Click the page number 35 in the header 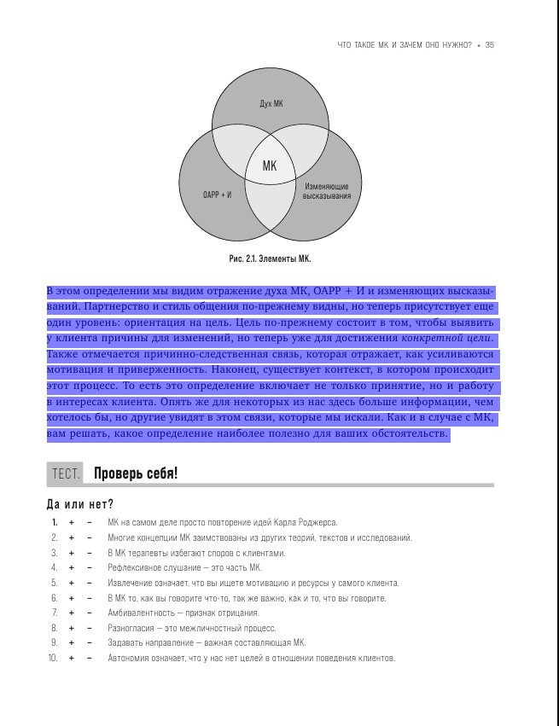(490, 45)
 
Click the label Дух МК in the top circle (271, 103)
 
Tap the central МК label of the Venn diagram (270, 166)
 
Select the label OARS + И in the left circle (218, 195)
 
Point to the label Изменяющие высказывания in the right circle (326, 190)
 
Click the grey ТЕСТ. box (67, 473)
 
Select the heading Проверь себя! (136, 473)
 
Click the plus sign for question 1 (72, 522)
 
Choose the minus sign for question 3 (90, 553)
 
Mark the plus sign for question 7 (72, 613)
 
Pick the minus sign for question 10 (90, 659)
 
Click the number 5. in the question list (54, 583)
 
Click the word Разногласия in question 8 (131, 629)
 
